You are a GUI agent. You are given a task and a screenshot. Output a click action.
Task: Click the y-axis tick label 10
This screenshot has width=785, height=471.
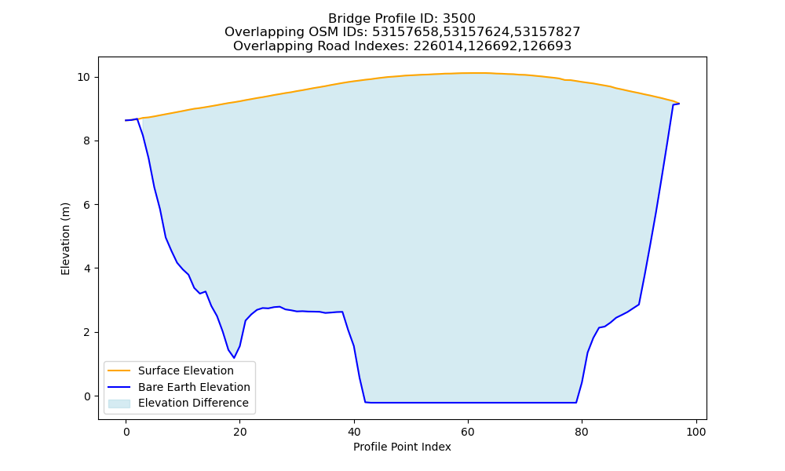tap(84, 77)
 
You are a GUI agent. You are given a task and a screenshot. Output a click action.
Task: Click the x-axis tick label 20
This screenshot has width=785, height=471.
tap(239, 432)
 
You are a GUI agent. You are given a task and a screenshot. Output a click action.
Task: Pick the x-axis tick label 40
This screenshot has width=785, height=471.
tap(354, 432)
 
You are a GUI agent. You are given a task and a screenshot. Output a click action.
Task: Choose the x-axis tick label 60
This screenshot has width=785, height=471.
tap(468, 432)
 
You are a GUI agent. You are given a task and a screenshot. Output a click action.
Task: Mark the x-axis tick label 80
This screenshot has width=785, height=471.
tap(582, 432)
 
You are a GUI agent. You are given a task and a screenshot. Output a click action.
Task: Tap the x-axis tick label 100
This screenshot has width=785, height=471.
tap(696, 432)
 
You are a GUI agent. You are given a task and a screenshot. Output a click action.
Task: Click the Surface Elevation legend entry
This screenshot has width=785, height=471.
tap(186, 371)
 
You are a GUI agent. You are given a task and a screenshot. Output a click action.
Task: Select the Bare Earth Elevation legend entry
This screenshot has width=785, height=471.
tap(194, 387)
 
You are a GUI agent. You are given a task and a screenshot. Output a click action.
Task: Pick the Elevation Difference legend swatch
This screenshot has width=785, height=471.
tap(119, 403)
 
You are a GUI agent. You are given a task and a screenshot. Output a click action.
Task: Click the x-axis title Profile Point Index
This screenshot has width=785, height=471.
tap(402, 447)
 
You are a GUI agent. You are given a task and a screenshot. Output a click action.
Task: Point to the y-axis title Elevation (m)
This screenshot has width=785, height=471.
tap(65, 239)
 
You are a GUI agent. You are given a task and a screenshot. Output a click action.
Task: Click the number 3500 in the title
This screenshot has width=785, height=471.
tap(458, 19)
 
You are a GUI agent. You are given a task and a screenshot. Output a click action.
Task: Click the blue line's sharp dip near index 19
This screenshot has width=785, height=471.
tap(234, 358)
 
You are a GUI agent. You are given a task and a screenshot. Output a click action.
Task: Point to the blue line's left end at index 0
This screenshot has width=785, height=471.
tap(126, 120)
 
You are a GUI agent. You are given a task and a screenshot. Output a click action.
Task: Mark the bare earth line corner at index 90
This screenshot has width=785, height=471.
tap(639, 305)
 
